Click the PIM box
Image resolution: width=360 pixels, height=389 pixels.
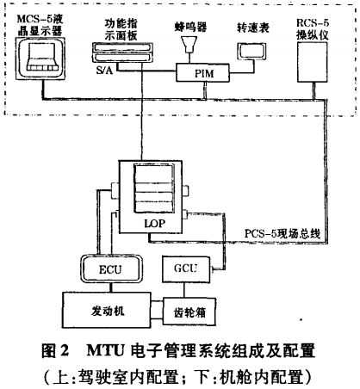(x=202, y=72)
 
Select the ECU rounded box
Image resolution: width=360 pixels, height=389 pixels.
(x=111, y=269)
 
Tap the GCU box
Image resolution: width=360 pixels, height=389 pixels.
(x=186, y=269)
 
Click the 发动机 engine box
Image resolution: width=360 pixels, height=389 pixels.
(x=107, y=310)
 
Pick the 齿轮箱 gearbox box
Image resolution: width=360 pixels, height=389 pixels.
(x=189, y=312)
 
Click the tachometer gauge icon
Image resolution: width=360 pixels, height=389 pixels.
(x=251, y=51)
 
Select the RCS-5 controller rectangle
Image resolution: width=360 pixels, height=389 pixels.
(x=312, y=62)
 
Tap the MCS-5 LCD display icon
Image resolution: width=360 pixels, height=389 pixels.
(x=40, y=59)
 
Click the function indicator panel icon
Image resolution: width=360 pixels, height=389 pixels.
(x=122, y=52)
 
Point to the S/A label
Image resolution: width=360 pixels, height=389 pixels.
(x=104, y=70)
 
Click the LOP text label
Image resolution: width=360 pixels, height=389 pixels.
(x=155, y=223)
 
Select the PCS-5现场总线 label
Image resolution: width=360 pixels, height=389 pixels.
(x=282, y=234)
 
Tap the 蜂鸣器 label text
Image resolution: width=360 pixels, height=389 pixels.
(x=190, y=27)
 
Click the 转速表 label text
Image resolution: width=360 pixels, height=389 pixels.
(x=253, y=28)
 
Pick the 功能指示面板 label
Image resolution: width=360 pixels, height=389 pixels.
(x=121, y=29)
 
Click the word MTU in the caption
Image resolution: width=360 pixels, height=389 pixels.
(x=106, y=350)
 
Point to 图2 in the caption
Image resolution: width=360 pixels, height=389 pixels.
(x=55, y=350)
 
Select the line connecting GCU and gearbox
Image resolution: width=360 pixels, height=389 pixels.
(x=184, y=290)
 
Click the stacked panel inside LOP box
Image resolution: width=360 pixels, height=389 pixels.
(x=154, y=188)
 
